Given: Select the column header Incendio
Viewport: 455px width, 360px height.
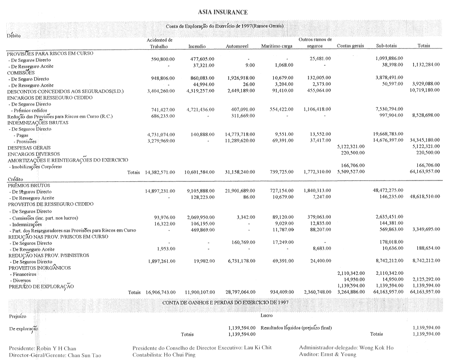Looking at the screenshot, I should (x=197, y=46).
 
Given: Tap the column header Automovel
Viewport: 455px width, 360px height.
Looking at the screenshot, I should (x=237, y=46).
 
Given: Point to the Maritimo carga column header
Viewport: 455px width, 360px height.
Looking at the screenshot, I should (x=277, y=46).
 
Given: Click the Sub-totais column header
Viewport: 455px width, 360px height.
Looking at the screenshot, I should (x=386, y=46).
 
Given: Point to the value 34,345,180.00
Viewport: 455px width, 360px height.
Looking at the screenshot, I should (x=424, y=141).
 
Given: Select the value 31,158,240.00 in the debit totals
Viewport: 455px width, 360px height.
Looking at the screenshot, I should (x=240, y=172).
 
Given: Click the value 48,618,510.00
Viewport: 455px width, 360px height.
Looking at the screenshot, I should (x=424, y=198).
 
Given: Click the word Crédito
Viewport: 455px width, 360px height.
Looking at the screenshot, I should (x=16, y=179).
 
